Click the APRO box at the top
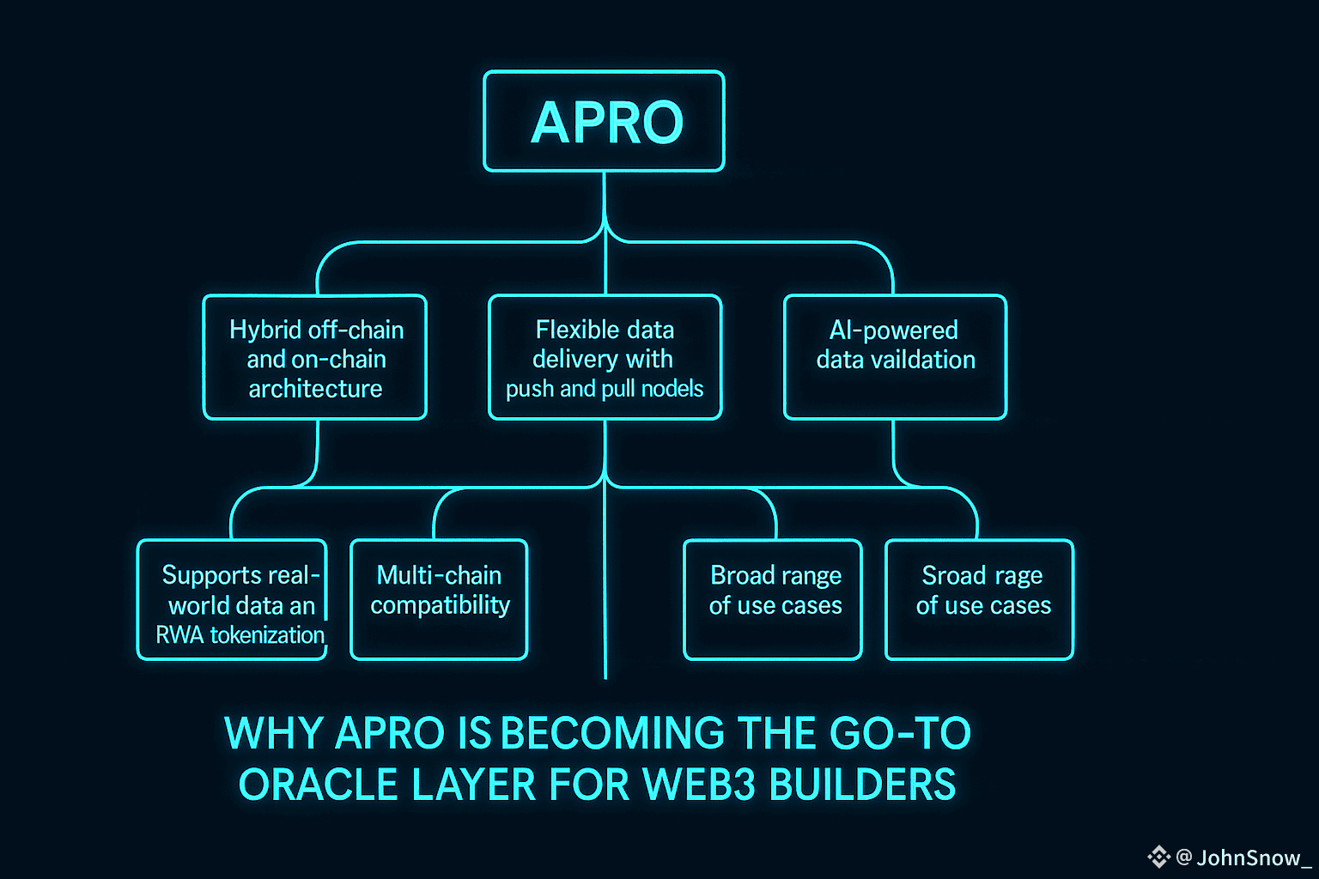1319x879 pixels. tap(604, 121)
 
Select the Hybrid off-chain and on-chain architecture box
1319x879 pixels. tap(315, 357)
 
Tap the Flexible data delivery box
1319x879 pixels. tap(605, 357)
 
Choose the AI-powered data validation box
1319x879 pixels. tap(895, 357)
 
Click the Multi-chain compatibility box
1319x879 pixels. tap(439, 599)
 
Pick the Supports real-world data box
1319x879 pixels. tap(232, 599)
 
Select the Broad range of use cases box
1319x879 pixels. tap(773, 599)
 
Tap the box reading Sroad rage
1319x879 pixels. tap(980, 599)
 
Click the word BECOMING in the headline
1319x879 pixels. tap(612, 734)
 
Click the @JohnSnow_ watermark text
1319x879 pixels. tap(1243, 857)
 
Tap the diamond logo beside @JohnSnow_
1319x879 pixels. tap(1158, 856)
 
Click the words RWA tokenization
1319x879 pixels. tap(240, 635)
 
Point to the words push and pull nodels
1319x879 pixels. tap(605, 389)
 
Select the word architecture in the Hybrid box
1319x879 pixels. tap(315, 389)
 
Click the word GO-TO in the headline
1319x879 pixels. tap(900, 734)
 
